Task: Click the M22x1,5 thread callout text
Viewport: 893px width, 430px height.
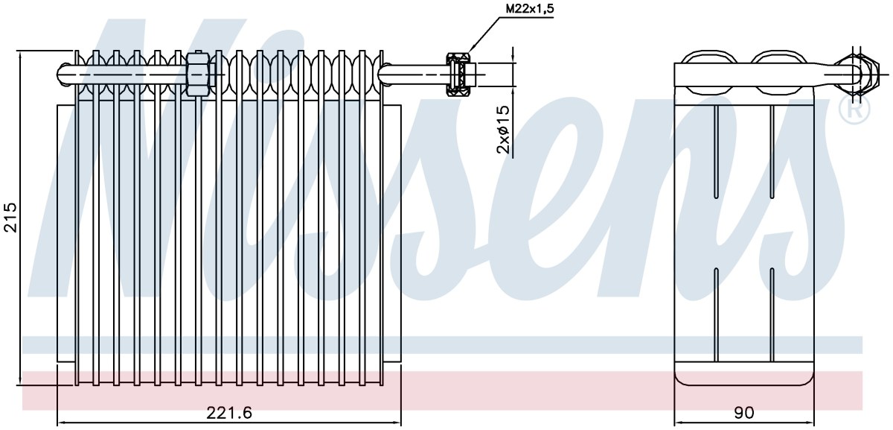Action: click(x=530, y=9)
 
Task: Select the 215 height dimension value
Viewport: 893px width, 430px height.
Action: click(x=10, y=217)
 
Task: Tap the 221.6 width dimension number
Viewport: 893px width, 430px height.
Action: click(x=229, y=413)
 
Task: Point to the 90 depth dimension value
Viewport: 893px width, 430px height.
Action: click(x=743, y=413)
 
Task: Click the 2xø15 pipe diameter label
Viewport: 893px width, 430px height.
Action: click(x=504, y=130)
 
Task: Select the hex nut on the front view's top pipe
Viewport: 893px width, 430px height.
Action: click(x=198, y=75)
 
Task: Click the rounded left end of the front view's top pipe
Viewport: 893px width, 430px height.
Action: click(x=65, y=75)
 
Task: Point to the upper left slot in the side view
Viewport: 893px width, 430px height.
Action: click(x=716, y=152)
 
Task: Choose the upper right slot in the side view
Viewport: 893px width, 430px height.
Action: click(x=772, y=152)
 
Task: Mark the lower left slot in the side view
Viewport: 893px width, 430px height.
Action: click(x=716, y=315)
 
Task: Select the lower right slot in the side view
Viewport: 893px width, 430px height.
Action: click(x=772, y=315)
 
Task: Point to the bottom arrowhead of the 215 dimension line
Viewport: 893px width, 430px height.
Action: click(x=19, y=381)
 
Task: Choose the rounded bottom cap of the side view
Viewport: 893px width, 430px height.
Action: click(x=743, y=375)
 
